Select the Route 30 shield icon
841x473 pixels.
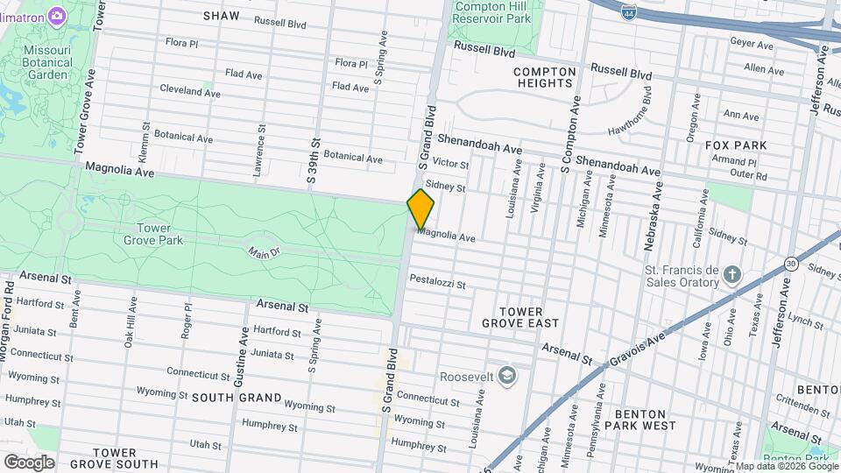click(x=791, y=264)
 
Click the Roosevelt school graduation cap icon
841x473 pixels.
click(x=505, y=376)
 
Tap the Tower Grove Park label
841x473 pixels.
click(x=147, y=234)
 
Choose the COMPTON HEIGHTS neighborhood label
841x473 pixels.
click(x=544, y=77)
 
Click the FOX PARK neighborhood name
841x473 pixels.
click(x=736, y=145)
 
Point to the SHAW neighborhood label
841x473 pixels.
click(x=221, y=16)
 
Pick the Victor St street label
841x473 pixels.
click(x=451, y=164)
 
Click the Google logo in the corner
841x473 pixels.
click(x=29, y=462)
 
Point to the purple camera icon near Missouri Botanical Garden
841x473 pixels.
click(x=57, y=15)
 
